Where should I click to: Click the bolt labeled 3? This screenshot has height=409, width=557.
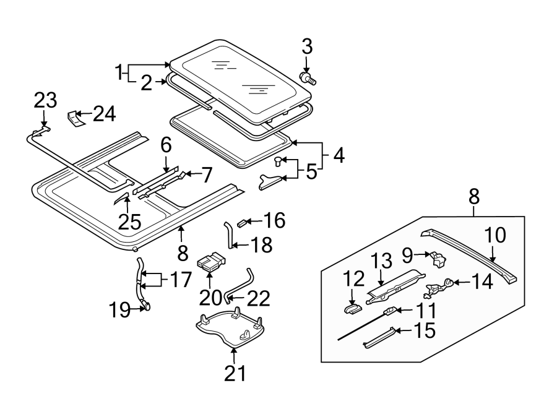coord(308,78)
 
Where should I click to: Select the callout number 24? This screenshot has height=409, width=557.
coord(105,114)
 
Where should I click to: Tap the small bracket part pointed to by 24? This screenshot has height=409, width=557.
coord(76,119)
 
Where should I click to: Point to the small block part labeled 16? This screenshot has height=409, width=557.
coord(241,223)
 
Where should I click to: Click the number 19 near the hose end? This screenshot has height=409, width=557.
coord(119,310)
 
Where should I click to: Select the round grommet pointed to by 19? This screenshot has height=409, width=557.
coord(147,306)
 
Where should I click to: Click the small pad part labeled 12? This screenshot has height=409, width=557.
coord(352,309)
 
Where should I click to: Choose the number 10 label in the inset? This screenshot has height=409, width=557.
coord(495,235)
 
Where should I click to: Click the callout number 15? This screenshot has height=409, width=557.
coord(425,330)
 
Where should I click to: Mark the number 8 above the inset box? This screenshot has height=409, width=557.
coord(474,196)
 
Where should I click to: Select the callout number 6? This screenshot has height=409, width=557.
coord(166,145)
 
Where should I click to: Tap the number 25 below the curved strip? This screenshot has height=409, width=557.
coord(130,222)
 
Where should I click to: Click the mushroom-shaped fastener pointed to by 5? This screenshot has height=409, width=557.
coord(278,161)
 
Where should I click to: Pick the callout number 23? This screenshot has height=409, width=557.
coord(45,100)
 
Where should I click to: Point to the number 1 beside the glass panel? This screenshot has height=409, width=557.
coord(119,72)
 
